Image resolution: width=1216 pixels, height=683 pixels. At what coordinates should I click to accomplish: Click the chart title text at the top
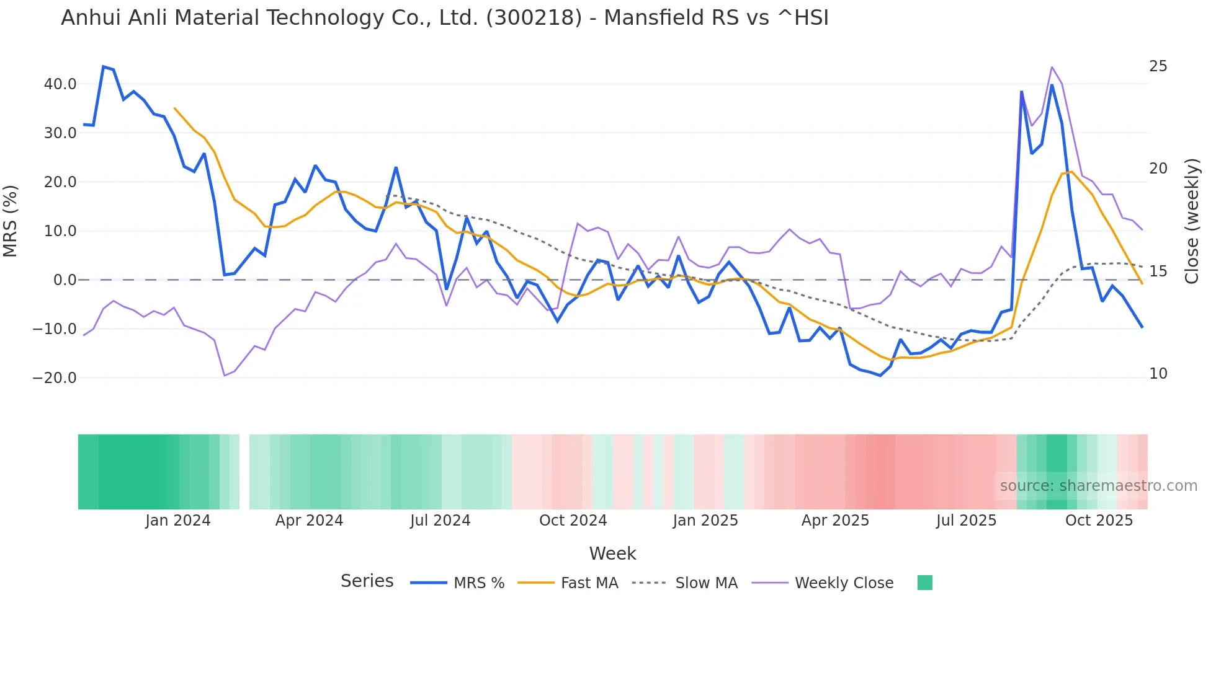coord(444,18)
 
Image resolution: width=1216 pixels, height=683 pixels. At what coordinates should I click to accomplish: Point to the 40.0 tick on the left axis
coord(60,84)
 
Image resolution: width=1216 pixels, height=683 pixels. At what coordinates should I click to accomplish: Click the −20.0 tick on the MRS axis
coord(55,378)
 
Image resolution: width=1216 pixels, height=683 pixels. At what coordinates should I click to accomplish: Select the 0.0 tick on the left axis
coord(65,280)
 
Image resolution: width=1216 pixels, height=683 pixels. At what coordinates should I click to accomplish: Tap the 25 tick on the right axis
coord(1158,66)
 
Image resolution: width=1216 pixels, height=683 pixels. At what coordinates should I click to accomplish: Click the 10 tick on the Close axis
coord(1158,374)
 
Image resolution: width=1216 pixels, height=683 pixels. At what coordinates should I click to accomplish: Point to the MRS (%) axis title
coord(11,221)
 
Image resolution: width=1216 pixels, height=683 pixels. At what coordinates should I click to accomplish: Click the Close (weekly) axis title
coord(1191,221)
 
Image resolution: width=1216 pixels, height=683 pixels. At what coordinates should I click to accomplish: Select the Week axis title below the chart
coord(612,553)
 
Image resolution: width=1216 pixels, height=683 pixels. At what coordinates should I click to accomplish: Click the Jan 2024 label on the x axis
coord(178,521)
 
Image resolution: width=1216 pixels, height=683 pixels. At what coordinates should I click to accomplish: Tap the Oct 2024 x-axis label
coord(573,521)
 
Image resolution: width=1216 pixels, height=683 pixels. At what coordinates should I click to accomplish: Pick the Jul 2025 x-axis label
coord(966,521)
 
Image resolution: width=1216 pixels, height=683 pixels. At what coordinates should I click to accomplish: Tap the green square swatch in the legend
coord(924,583)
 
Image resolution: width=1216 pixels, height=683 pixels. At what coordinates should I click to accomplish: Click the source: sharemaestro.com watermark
coord(1098,486)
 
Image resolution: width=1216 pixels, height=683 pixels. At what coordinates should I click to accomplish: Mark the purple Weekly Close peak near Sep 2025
coord(1052,67)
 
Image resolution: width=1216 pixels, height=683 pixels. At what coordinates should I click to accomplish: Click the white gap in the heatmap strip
coord(244,472)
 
